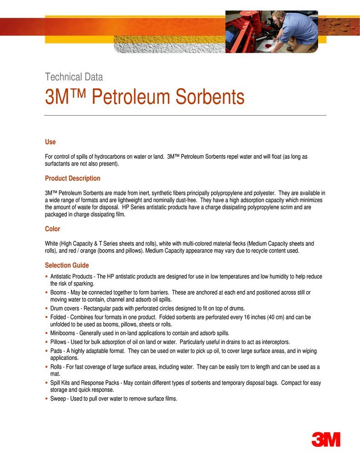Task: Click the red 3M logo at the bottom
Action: point(326,439)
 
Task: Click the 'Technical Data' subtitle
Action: point(74,77)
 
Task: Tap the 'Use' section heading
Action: point(50,142)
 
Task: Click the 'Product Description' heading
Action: point(72,178)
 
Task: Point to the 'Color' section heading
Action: point(52,228)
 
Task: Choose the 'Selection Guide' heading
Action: point(67,265)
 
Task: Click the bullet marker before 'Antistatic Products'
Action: point(46,277)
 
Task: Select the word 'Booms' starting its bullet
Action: point(58,292)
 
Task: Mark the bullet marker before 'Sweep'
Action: point(46,399)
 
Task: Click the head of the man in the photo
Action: point(278,18)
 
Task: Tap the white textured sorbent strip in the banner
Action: point(168,44)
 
